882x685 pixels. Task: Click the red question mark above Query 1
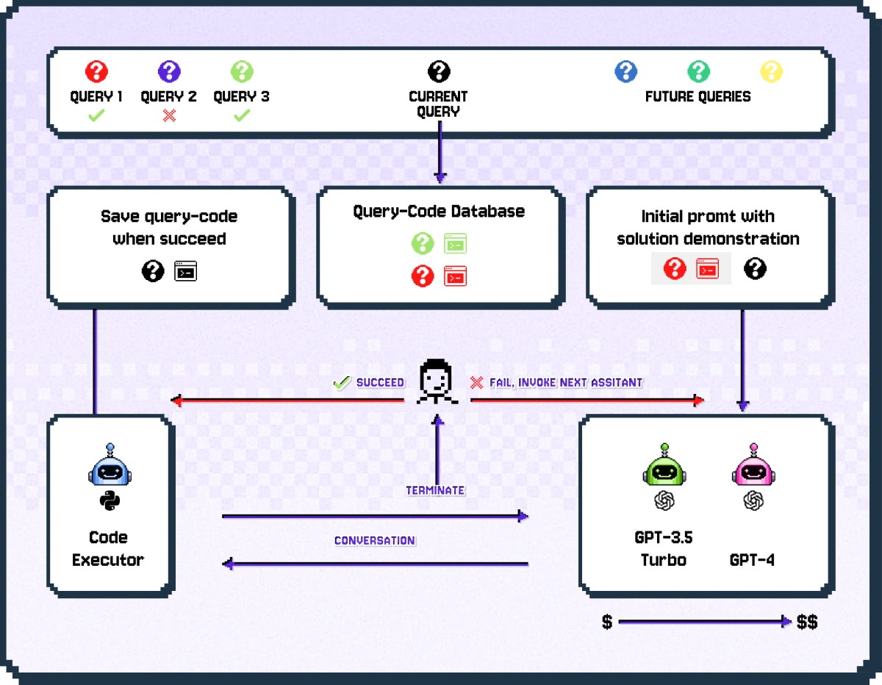coord(96,72)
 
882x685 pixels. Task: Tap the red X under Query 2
coord(169,115)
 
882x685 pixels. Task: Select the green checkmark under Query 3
coord(242,115)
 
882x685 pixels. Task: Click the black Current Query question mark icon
coord(439,72)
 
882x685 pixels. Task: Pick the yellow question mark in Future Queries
coord(771,72)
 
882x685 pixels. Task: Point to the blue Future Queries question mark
coord(625,72)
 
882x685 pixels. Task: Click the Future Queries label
coord(698,96)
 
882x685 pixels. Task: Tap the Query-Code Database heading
coord(439,212)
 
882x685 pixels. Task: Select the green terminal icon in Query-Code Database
coord(456,243)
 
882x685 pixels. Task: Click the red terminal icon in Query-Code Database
coord(456,276)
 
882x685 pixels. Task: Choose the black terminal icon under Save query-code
coord(185,271)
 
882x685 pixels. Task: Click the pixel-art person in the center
coord(437,381)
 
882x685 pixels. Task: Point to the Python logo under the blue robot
coord(109,502)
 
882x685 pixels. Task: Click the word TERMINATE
coord(435,490)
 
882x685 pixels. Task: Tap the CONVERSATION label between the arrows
coord(375,540)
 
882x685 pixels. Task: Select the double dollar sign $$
coord(807,623)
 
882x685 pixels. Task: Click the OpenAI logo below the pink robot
coord(753,501)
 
